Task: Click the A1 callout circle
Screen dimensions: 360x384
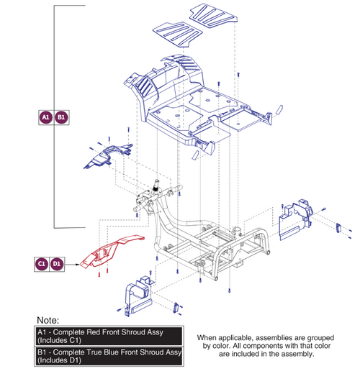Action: coord(46,117)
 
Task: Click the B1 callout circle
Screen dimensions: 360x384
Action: coord(61,117)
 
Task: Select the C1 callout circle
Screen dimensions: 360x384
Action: coord(42,264)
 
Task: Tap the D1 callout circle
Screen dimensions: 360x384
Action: coord(57,264)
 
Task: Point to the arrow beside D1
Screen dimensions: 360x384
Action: coord(72,264)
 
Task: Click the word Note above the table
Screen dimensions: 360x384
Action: coord(48,320)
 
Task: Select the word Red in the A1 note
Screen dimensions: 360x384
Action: coord(93,332)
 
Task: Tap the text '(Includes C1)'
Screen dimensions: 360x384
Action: coord(59,340)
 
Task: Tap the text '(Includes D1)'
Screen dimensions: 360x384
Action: coord(59,360)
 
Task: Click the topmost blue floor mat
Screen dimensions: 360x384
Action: coord(213,15)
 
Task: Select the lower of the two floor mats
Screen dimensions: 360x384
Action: coord(178,34)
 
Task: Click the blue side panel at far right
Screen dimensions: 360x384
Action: coord(295,219)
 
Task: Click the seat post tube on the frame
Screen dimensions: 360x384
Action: coord(238,231)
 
